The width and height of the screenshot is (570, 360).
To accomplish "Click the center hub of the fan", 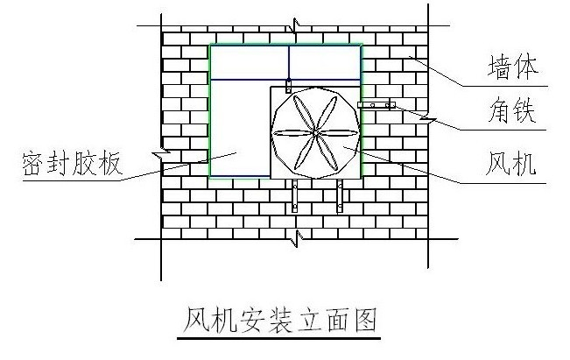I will click(x=314, y=132).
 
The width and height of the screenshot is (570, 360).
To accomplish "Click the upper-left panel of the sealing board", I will click(x=249, y=61).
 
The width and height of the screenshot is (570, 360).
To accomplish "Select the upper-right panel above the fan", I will click(x=325, y=61).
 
